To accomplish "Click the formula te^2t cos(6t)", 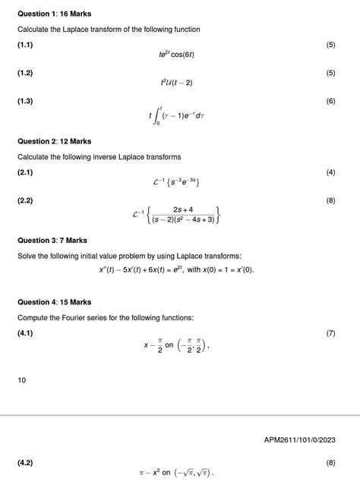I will pos(179,55).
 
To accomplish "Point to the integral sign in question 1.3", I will pos(159,115).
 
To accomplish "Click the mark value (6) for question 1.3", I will pos(330,101).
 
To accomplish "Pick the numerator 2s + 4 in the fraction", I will pos(182,209).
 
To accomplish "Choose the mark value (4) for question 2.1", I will pos(330,172).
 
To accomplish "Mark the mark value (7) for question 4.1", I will pos(330,333).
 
